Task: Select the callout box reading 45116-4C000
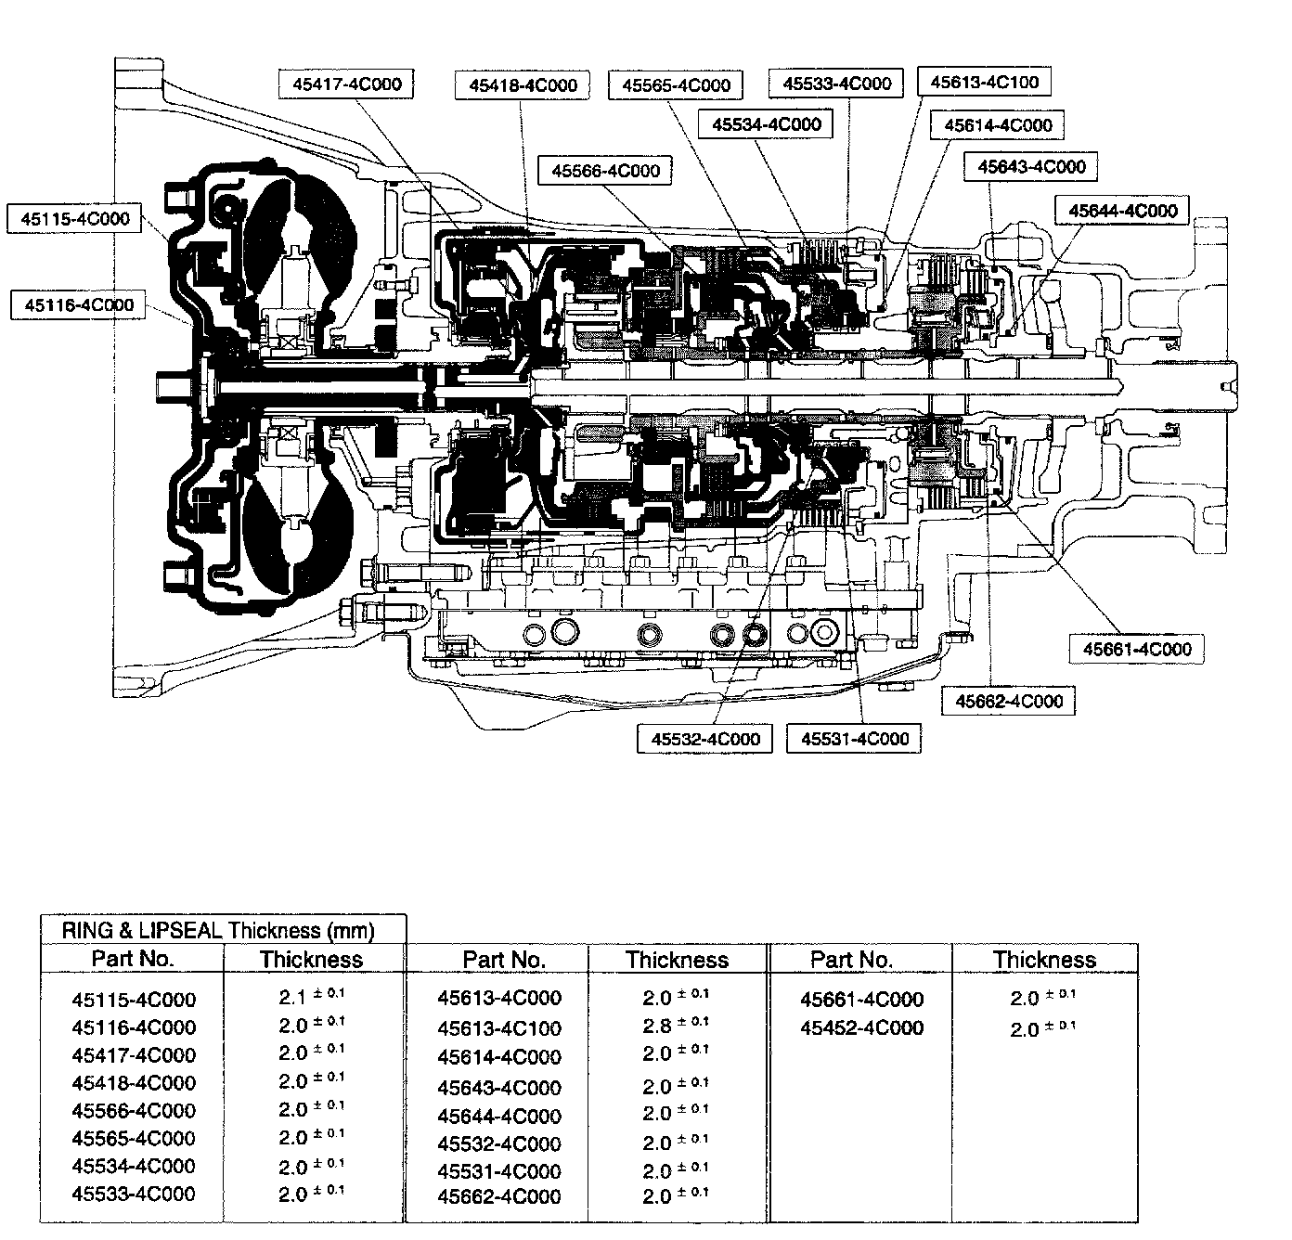(79, 305)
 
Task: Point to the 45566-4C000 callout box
(605, 171)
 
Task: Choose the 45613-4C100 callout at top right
(984, 82)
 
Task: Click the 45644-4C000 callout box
(1122, 211)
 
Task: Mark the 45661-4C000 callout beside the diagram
(1136, 649)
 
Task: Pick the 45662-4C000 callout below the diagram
(1009, 701)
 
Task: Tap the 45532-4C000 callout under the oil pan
(705, 740)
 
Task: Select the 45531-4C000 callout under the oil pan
(855, 740)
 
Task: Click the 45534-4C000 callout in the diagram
(767, 124)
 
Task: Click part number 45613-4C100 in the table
(499, 1028)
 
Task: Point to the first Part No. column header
(133, 959)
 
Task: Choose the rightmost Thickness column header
(1044, 960)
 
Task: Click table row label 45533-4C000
(134, 1194)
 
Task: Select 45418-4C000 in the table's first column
(134, 1082)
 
